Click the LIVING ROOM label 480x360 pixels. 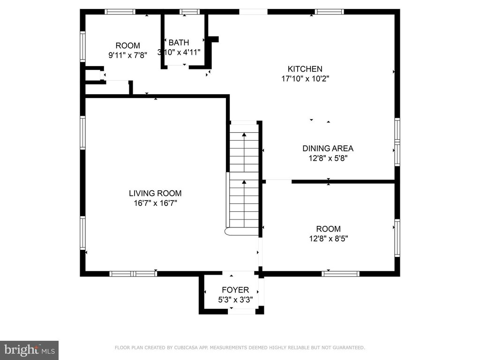point(155,193)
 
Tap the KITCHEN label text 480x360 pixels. point(305,69)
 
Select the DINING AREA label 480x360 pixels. point(328,149)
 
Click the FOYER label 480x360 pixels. point(235,290)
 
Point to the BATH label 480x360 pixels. point(179,43)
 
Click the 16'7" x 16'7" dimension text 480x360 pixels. point(155,203)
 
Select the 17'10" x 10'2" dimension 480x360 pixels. point(305,79)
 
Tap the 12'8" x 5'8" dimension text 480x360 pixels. point(328,158)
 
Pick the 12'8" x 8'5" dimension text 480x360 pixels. point(329,239)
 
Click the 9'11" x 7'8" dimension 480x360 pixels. point(128,55)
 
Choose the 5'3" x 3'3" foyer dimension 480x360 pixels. point(235,300)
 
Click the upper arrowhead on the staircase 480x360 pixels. point(244,135)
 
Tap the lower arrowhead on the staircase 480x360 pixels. point(244,182)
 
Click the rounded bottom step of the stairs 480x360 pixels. point(242,232)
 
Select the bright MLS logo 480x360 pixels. point(29,350)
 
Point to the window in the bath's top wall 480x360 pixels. point(189,12)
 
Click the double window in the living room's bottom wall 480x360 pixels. point(133,274)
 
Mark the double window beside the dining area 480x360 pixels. point(397,142)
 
